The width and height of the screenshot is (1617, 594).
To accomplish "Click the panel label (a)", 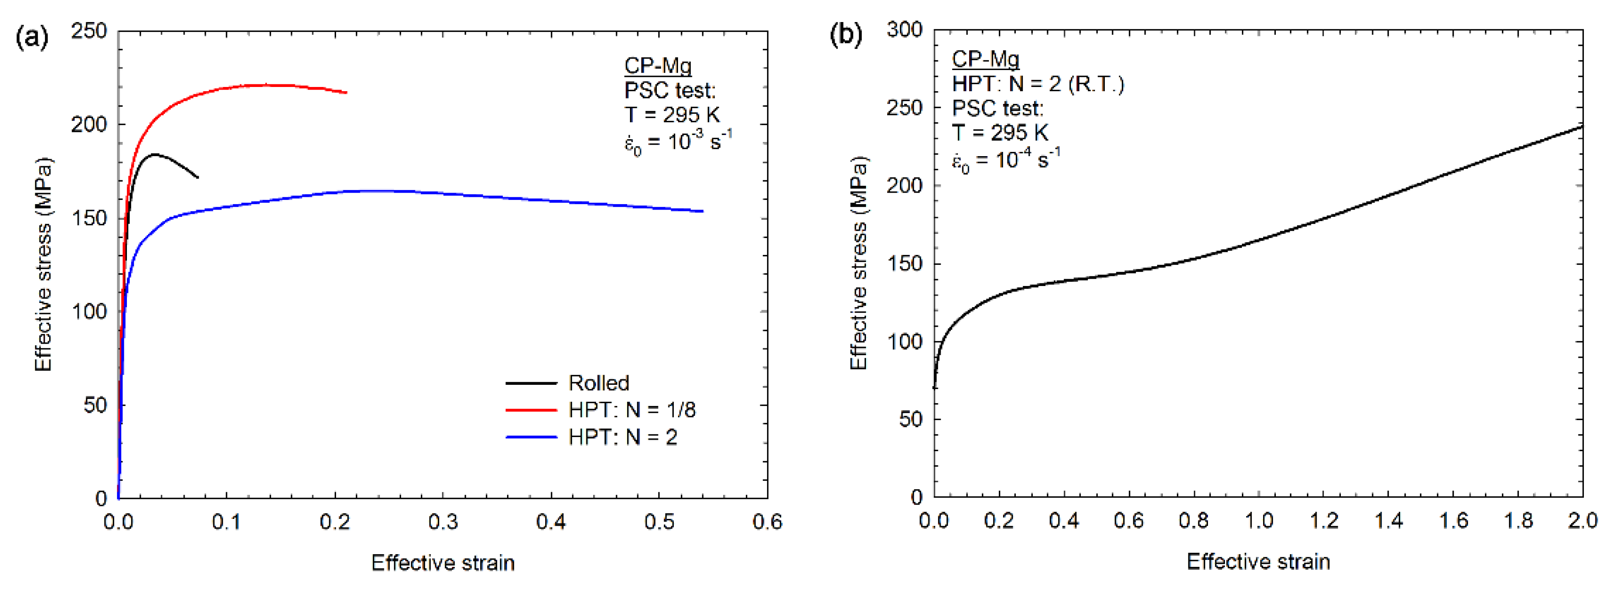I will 31,38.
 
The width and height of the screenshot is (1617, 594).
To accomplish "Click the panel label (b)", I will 846,34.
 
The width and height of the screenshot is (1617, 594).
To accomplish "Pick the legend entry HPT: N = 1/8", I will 631,410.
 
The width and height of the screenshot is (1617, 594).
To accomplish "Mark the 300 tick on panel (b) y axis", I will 905,30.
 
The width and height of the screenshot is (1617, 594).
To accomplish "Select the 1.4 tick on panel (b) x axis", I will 1388,521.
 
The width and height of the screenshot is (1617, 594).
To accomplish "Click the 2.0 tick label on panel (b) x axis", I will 1583,521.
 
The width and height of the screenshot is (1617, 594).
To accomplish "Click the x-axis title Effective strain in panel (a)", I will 443,563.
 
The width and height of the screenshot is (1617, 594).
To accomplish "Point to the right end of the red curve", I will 347,93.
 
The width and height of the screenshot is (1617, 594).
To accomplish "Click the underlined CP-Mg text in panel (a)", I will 657,65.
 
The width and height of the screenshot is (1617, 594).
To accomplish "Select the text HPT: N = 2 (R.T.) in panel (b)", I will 1037,84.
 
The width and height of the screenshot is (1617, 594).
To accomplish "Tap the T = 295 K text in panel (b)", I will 1000,132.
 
